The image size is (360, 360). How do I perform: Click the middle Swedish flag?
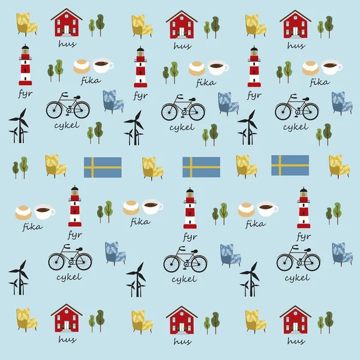point(201,167)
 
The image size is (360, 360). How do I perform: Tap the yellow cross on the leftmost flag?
point(92,167)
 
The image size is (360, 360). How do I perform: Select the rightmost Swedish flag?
point(290,166)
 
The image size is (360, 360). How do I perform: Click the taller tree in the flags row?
point(24,167)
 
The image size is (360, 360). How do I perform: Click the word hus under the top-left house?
point(67,44)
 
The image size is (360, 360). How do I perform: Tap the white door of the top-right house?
point(295,31)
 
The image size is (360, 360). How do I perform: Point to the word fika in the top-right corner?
point(319,82)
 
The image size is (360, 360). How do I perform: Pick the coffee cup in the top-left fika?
point(103,65)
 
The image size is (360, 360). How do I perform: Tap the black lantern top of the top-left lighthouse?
point(25,47)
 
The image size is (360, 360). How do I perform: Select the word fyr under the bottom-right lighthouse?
point(304,236)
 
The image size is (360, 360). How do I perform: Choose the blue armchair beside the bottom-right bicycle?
point(342,254)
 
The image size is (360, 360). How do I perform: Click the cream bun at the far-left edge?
point(23,212)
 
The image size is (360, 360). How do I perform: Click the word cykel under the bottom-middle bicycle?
point(184,280)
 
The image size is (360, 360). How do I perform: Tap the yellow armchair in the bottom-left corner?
point(26,320)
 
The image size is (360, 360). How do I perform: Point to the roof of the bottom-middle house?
point(182,311)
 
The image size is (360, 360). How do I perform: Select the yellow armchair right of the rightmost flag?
point(339,166)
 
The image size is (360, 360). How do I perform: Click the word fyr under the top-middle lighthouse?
point(140,96)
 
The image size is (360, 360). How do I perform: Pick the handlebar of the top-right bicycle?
point(293,96)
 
